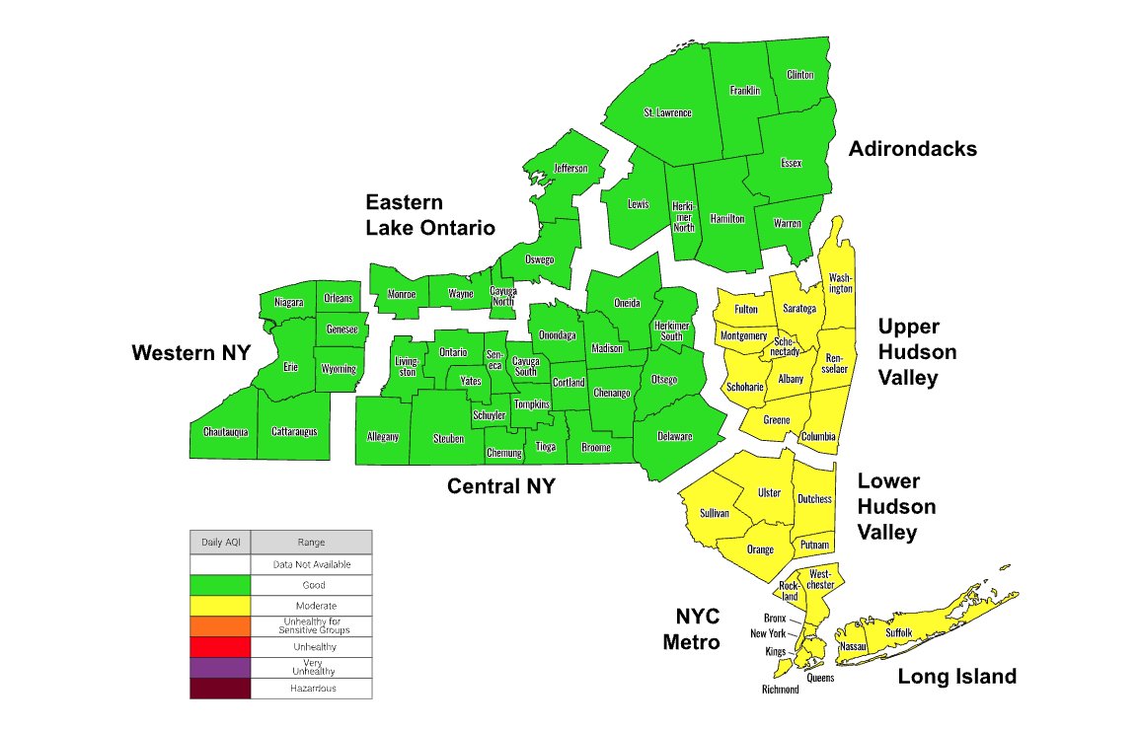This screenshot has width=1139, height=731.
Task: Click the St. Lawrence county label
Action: click(667, 112)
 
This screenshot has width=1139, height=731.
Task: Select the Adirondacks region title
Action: click(913, 149)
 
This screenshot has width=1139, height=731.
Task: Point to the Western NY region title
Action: click(191, 352)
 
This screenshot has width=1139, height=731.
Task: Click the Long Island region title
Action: click(956, 677)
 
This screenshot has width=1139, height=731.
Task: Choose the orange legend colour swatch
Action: click(220, 625)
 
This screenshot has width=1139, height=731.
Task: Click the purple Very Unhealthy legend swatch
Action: click(220, 667)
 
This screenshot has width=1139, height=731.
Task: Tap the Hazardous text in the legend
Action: click(311, 688)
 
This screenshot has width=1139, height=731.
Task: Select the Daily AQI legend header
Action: click(220, 542)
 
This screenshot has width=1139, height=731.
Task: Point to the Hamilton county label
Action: click(727, 218)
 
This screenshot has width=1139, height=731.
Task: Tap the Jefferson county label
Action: click(570, 169)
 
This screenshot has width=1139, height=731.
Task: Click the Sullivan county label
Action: click(714, 513)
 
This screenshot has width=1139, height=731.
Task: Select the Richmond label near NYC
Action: click(780, 690)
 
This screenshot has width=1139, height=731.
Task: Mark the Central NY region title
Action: click(500, 486)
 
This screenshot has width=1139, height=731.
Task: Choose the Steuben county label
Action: click(448, 438)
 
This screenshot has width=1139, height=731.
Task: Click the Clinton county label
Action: click(800, 75)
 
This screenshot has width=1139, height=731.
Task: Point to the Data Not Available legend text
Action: click(311, 564)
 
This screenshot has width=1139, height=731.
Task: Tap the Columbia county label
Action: click(818, 436)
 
